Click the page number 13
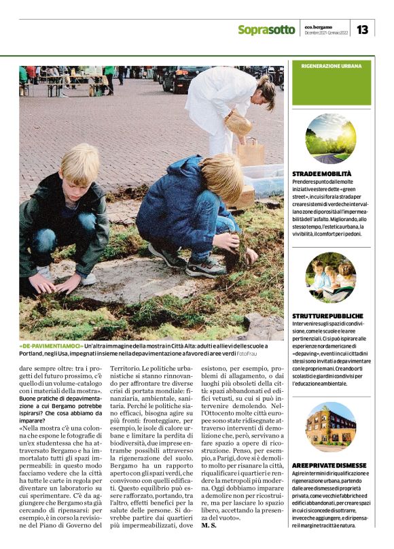point(362,29)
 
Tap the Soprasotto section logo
point(266,30)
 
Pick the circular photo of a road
point(331,139)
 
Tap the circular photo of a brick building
point(331,427)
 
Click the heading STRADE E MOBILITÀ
point(321,175)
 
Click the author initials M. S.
point(210,525)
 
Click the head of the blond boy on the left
point(79,163)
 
